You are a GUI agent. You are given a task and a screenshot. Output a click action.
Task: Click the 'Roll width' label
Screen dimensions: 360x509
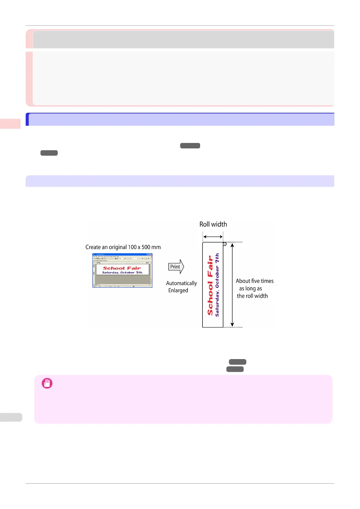213,224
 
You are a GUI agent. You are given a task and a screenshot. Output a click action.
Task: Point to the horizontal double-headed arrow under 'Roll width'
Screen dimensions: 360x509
213,237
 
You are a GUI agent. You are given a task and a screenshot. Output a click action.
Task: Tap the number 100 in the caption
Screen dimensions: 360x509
132,247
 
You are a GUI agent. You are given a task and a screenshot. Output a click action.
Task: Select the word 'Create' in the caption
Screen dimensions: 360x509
93,247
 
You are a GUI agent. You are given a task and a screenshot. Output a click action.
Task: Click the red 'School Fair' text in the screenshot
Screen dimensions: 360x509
122,268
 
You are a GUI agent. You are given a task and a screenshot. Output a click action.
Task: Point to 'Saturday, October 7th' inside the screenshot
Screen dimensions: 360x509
122,273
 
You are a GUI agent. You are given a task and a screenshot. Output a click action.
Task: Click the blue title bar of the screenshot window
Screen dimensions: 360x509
122,255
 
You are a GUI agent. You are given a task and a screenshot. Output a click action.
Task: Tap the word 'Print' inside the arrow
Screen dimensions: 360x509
175,267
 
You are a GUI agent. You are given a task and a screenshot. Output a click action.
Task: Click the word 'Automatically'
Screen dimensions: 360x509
181,283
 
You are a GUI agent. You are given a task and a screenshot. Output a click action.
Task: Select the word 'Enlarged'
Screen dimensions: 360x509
178,290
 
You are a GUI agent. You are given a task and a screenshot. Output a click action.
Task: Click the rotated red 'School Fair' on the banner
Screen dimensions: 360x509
210,285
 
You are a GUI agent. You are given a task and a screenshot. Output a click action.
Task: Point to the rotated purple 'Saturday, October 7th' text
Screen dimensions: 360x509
217,285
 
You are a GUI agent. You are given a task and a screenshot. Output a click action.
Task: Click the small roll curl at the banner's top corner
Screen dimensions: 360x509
225,244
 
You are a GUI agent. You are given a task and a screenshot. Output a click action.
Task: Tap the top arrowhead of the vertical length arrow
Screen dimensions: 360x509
232,245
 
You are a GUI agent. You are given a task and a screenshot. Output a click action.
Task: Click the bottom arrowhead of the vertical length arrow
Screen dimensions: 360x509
232,325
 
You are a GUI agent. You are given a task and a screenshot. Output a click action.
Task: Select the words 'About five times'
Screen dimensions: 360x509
255,281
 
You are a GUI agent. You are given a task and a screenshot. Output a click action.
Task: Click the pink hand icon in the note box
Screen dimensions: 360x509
47,383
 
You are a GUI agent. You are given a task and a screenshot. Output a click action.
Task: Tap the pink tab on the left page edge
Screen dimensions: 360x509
10,124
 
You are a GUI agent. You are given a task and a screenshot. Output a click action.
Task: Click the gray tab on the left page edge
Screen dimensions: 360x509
11,417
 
